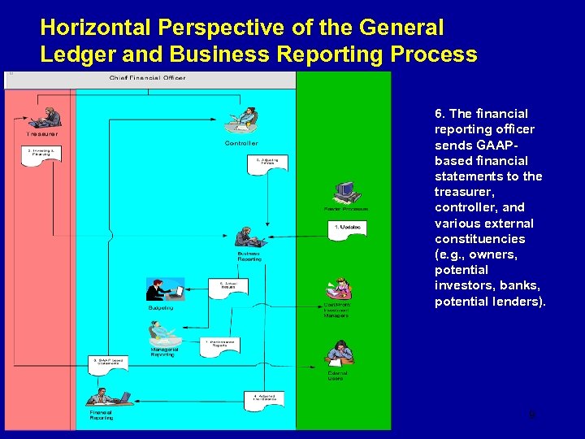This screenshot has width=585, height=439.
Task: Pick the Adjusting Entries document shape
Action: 267,163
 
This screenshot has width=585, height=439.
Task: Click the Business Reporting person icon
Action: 249,237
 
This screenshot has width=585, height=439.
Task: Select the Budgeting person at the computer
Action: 165,290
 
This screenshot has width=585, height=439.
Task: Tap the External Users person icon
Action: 339,352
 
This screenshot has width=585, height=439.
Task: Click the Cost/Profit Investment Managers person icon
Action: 339,289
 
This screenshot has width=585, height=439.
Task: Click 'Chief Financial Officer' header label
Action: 147,78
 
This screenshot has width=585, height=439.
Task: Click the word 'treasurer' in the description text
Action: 464,192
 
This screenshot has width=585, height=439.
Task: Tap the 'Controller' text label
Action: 241,143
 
